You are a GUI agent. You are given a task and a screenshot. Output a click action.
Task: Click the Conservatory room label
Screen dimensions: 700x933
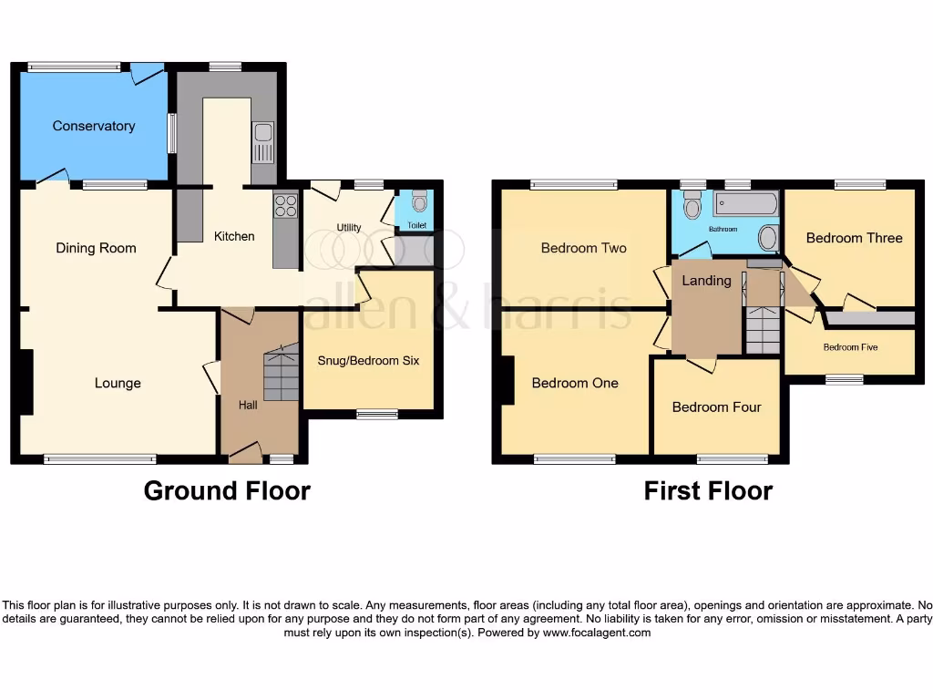[x=93, y=126]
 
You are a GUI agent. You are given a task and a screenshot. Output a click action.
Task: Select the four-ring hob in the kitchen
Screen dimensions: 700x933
[x=285, y=207]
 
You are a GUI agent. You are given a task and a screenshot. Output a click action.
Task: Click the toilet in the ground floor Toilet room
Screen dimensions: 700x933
[x=418, y=201]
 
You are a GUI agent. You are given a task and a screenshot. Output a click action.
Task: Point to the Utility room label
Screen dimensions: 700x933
[x=349, y=228]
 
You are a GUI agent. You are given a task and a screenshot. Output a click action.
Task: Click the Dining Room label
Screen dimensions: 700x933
[x=96, y=248]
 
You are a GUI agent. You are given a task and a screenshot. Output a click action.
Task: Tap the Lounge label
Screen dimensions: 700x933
[x=118, y=383]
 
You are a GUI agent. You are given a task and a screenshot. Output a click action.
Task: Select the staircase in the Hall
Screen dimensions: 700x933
[x=281, y=374]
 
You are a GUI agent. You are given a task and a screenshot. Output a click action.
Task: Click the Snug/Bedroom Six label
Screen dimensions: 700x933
[x=368, y=360]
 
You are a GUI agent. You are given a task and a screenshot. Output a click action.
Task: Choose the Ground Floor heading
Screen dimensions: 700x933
[x=227, y=491]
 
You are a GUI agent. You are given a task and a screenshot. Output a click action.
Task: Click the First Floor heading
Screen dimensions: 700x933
[x=708, y=491]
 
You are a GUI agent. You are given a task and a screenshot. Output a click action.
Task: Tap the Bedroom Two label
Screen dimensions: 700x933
[x=583, y=248]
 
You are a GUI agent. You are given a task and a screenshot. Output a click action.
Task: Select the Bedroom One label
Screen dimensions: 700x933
[x=575, y=383]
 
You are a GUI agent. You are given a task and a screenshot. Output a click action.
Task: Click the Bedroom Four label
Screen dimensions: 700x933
[x=716, y=407]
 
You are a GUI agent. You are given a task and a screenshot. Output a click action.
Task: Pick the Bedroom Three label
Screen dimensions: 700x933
[x=854, y=238]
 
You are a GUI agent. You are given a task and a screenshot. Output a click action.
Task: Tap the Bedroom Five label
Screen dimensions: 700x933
[x=850, y=347]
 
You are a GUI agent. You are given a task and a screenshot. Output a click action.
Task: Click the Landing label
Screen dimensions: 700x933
[x=706, y=281]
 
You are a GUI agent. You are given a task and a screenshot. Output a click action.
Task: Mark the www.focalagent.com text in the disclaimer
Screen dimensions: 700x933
[x=597, y=633]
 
